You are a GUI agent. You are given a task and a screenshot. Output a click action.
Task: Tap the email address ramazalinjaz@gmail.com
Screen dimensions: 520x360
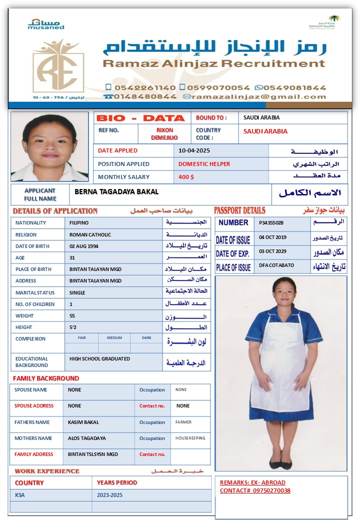click(258, 96)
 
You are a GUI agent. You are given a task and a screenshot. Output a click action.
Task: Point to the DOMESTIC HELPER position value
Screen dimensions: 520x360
click(204, 164)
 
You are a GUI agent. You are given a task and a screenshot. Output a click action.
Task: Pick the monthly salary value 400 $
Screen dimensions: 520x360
click(186, 177)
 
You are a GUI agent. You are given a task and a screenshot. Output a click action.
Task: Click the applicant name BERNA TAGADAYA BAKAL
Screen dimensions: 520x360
click(116, 191)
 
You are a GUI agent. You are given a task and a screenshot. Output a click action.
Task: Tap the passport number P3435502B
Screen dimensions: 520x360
click(271, 223)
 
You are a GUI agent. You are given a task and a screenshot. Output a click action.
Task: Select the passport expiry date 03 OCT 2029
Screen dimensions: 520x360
click(272, 251)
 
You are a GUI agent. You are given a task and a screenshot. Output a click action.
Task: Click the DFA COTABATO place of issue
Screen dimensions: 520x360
click(276, 265)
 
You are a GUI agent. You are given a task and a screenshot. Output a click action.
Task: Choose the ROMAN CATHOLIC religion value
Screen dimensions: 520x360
click(90, 234)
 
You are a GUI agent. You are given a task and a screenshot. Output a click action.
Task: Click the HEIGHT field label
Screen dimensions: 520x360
click(24, 327)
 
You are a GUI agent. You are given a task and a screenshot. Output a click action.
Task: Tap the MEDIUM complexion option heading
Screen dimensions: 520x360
click(114, 338)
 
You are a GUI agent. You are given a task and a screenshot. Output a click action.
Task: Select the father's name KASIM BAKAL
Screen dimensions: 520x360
click(83, 422)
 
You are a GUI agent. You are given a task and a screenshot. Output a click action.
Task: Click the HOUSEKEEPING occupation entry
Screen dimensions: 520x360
click(190, 438)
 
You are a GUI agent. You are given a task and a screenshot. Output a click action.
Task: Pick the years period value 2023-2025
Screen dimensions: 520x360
click(109, 495)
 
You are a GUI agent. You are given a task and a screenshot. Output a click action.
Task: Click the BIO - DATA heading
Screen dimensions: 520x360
click(140, 118)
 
